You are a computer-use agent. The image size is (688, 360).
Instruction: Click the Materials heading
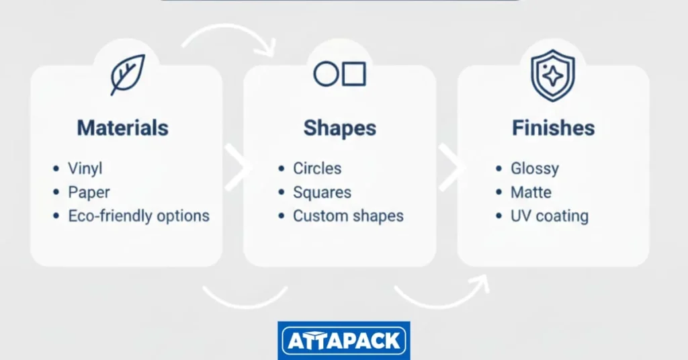122,128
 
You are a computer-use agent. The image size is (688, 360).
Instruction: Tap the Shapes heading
339,128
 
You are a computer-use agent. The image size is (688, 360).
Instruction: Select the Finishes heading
554,128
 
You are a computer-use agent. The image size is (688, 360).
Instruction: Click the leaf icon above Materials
127,75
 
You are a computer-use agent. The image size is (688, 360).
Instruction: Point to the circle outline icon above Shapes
326,74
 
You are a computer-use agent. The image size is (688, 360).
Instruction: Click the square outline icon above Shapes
353,74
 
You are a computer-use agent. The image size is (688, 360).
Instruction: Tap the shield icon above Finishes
553,75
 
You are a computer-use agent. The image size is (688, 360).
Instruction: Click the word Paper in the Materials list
89,193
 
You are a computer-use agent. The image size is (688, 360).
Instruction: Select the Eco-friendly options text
138,216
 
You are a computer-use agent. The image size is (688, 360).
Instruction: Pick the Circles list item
317,169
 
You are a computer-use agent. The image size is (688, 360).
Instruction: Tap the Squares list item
322,193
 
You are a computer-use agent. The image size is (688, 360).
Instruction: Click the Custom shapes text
348,216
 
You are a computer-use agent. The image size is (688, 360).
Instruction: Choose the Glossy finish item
534,169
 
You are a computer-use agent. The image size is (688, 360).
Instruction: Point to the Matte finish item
531,193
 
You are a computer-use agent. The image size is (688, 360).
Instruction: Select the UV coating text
550,216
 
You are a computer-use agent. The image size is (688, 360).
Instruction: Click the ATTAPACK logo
344,341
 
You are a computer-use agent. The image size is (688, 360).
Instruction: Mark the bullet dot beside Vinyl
56,169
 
